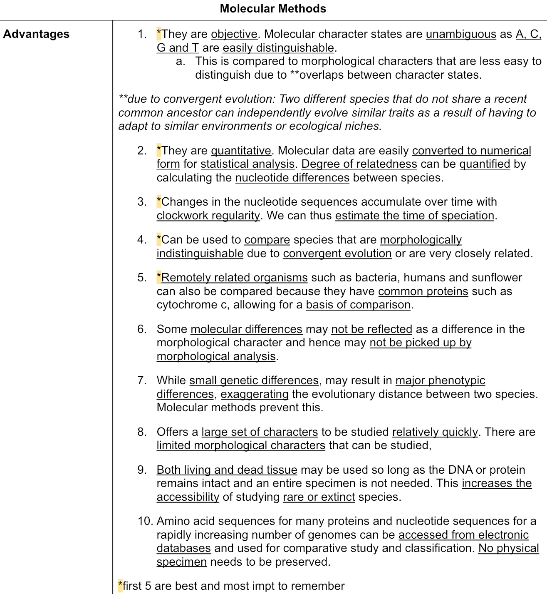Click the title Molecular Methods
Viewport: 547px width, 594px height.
(x=273, y=9)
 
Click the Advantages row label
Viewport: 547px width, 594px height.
(x=36, y=34)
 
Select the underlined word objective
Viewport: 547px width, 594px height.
(x=234, y=34)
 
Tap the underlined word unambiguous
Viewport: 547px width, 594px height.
(x=461, y=34)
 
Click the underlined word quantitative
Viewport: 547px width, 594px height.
(x=241, y=151)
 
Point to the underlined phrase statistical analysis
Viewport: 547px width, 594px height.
(x=248, y=164)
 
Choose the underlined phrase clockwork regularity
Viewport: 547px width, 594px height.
(x=208, y=216)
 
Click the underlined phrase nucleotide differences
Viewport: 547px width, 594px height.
(x=292, y=178)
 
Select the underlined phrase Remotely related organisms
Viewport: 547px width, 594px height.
(x=234, y=278)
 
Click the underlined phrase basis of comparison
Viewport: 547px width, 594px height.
(x=358, y=305)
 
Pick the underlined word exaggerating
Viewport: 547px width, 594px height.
(x=254, y=394)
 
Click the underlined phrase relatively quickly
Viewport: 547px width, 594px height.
(x=435, y=432)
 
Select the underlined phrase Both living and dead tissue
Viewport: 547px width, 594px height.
(x=227, y=470)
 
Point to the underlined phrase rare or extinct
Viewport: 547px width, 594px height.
(x=319, y=497)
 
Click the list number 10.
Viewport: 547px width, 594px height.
(x=145, y=521)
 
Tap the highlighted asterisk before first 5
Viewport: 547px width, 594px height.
(x=121, y=586)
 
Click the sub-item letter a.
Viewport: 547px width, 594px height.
(x=180, y=62)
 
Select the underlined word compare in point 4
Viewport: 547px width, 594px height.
(x=267, y=240)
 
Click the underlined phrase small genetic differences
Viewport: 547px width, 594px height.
(x=254, y=380)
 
